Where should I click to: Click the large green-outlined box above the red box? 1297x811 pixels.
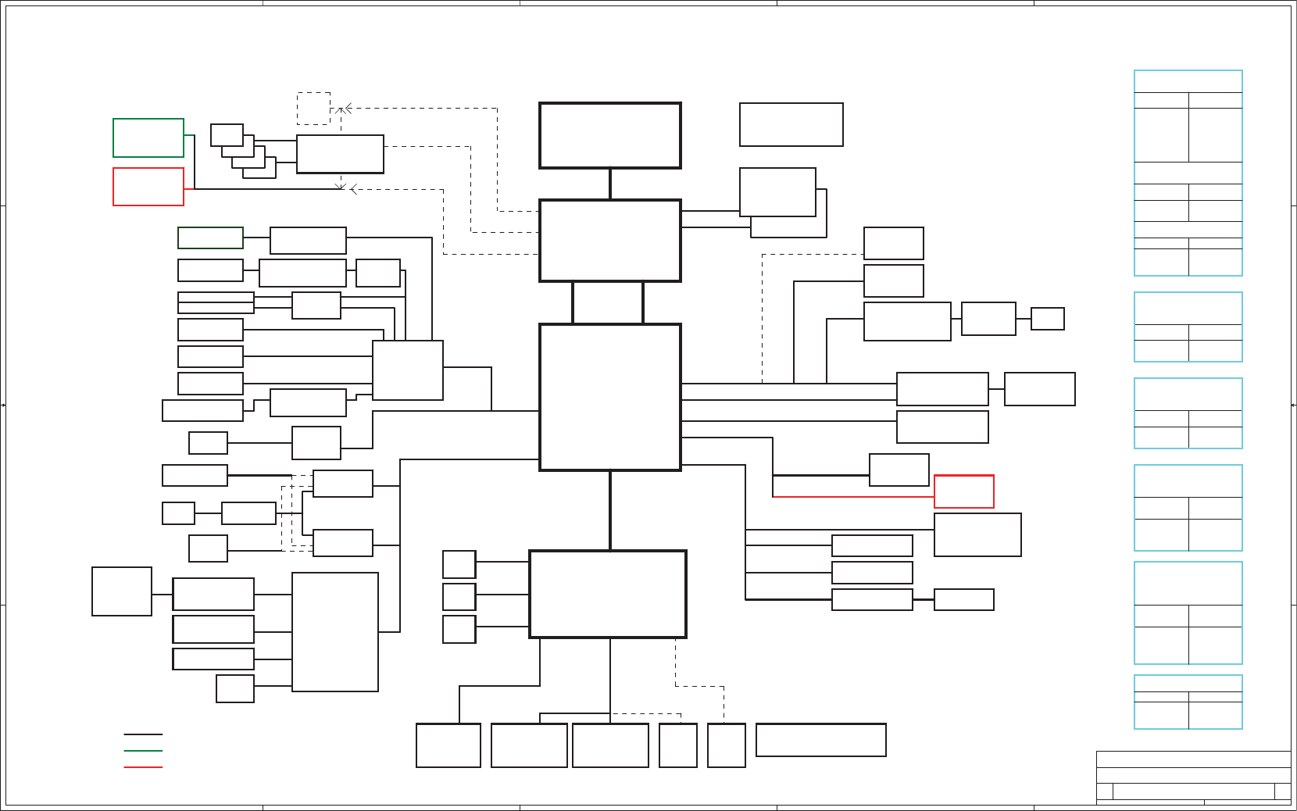click(x=148, y=138)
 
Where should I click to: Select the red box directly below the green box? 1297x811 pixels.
click(x=148, y=187)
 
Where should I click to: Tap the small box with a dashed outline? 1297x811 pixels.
click(x=313, y=109)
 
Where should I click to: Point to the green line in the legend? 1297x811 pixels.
click(x=143, y=751)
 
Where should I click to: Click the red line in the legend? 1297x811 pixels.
click(x=143, y=767)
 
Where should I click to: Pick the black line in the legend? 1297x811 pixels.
click(x=143, y=734)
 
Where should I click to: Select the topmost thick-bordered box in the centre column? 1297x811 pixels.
click(x=610, y=135)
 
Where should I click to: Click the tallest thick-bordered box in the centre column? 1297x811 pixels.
click(x=610, y=397)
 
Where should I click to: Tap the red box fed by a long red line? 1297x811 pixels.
click(x=964, y=491)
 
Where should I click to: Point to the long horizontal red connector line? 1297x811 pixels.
click(x=852, y=497)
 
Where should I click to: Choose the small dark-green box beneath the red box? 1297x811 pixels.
click(x=210, y=238)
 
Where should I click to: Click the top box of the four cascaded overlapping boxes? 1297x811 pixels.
click(x=227, y=134)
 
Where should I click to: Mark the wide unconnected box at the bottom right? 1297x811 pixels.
click(x=821, y=740)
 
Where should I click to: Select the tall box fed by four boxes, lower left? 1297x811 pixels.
click(x=335, y=632)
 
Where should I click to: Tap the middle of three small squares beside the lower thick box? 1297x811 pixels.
click(x=459, y=597)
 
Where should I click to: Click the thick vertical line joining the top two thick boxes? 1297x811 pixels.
click(x=610, y=184)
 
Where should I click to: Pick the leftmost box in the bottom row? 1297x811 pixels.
click(x=448, y=745)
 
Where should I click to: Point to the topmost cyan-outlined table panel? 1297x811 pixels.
click(x=1188, y=173)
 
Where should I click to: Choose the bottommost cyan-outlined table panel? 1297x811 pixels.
click(x=1188, y=702)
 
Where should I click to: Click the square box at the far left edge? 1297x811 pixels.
click(x=122, y=591)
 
